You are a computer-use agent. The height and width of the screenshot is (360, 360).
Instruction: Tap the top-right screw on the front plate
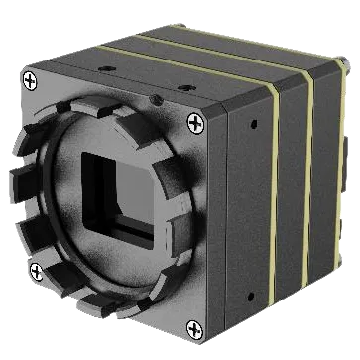point(194,121)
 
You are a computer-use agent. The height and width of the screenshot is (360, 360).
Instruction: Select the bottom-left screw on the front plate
point(37,270)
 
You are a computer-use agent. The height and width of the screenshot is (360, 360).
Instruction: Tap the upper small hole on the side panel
point(251,126)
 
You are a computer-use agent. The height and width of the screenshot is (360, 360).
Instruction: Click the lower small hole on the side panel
point(249,295)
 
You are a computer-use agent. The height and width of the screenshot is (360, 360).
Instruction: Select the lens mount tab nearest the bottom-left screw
point(45,248)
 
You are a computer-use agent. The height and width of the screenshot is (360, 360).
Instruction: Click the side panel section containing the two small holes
point(248,208)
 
